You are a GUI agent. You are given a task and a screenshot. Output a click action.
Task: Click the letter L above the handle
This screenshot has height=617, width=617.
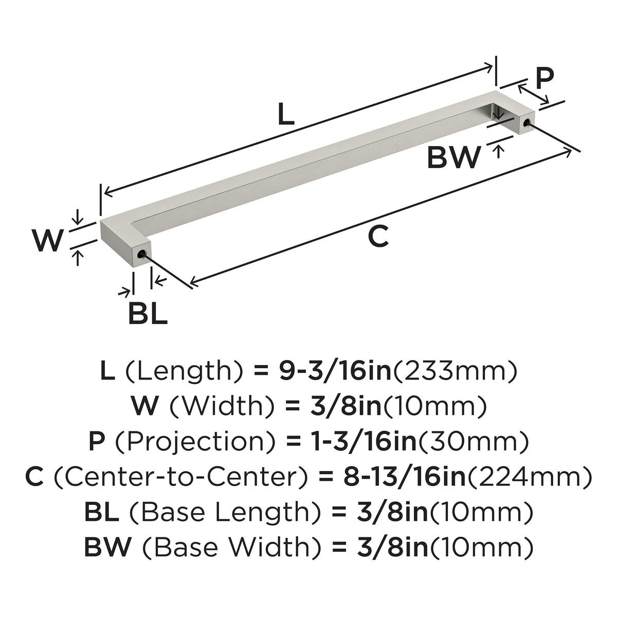[286, 114]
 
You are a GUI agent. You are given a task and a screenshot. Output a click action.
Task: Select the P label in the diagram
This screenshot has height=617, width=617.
[545, 79]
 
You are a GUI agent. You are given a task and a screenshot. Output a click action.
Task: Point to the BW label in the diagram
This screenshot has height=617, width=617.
[455, 157]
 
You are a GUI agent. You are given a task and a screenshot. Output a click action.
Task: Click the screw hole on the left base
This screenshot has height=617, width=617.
[141, 255]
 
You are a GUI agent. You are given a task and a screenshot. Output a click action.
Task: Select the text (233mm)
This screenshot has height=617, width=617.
[455, 372]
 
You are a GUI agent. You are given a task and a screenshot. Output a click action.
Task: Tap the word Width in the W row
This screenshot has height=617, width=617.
[221, 407]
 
